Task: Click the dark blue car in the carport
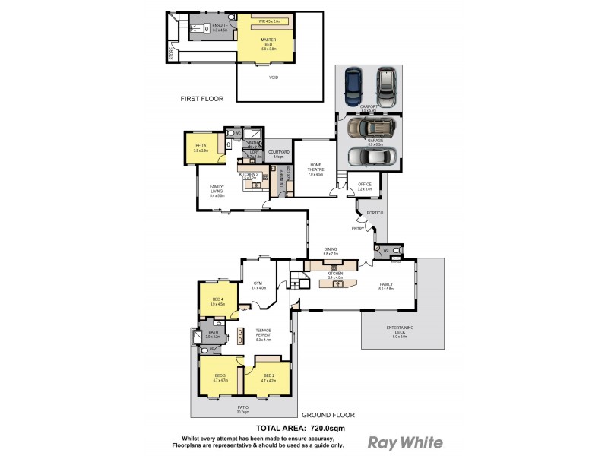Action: (x=353, y=86)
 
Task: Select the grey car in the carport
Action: (x=387, y=86)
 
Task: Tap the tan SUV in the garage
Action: (x=372, y=127)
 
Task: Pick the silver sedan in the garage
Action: (x=372, y=156)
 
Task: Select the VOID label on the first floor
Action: (x=274, y=77)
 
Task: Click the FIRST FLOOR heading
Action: (x=200, y=99)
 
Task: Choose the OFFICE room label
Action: (x=363, y=185)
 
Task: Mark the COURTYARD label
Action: (x=279, y=152)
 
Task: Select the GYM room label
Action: (x=258, y=283)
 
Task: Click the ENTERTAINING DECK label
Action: (x=400, y=328)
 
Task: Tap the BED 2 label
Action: (x=268, y=375)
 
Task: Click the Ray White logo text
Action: (x=405, y=442)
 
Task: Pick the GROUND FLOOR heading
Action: (x=328, y=415)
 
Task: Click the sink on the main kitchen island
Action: (x=335, y=285)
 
